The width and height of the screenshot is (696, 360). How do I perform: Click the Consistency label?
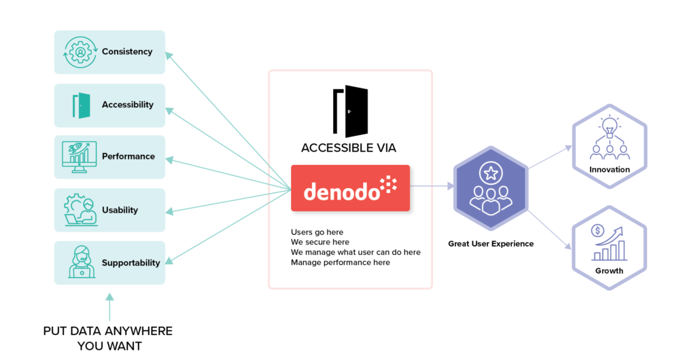point(127,52)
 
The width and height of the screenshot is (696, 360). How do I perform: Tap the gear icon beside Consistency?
point(80,52)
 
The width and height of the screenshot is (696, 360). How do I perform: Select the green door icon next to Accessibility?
point(81,105)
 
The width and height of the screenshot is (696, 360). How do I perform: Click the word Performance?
point(128,156)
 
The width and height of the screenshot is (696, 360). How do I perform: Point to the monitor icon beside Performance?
point(80,157)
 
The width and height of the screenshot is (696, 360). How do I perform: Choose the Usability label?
point(120,210)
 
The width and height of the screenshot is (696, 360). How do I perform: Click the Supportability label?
point(131,263)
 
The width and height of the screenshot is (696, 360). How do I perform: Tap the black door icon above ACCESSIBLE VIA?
point(349,111)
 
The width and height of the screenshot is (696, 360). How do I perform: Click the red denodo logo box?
point(350,188)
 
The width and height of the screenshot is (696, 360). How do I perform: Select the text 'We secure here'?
point(320,242)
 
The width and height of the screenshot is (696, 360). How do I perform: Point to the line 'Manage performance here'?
point(341,262)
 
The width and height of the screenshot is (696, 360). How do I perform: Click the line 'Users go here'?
point(317,232)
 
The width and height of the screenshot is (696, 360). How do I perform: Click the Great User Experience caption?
point(491,243)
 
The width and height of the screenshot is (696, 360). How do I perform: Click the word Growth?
point(609,270)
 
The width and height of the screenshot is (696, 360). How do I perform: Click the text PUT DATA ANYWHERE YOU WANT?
point(108,338)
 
